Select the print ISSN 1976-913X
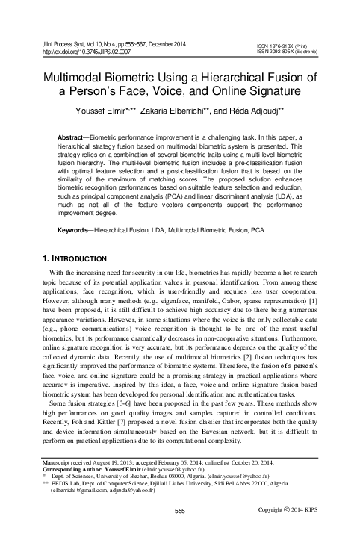coord(282,45)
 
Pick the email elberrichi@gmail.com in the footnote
coord(78,491)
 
